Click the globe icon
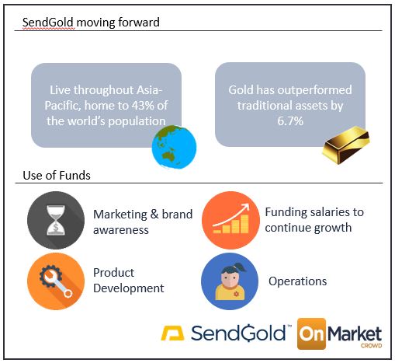174,147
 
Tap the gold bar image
346,145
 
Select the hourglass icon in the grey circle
56,220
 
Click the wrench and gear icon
56,281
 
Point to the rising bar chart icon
230,220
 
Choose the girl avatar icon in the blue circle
230,281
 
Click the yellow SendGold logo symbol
172,333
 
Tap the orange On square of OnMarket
312,333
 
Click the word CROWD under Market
372,346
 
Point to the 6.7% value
290,121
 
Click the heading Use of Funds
57,176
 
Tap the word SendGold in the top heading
48,23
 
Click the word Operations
298,281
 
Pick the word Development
129,288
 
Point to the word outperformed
315,90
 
